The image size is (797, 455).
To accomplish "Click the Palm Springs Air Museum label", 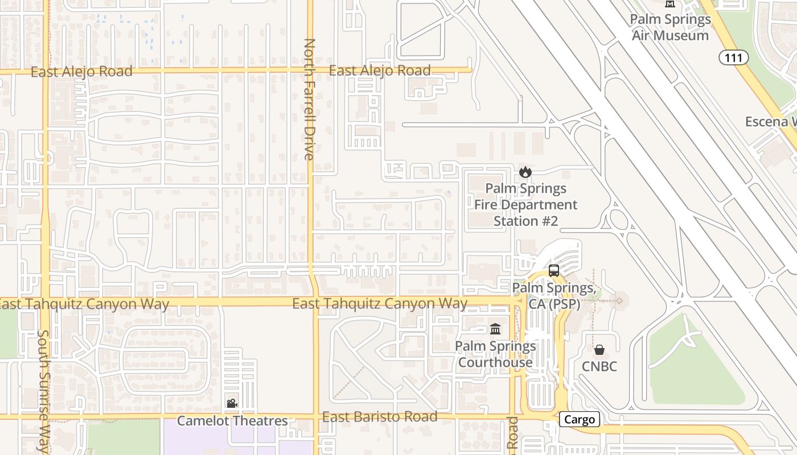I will (x=670, y=27).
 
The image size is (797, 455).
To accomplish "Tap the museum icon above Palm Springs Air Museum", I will (x=670, y=3).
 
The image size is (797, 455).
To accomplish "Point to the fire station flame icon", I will (x=525, y=171).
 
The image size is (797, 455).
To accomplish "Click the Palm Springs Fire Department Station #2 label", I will (x=525, y=205).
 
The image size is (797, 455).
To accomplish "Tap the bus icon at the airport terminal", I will (x=554, y=271).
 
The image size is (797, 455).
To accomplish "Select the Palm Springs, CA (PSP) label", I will (x=554, y=296).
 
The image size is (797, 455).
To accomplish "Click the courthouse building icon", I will (x=495, y=329).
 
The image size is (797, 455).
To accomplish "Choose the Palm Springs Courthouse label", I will (x=495, y=354).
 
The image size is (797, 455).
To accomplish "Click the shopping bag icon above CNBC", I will (x=599, y=350).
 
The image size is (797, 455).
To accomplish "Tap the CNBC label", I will (x=599, y=366).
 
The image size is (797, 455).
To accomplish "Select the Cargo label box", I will (x=580, y=420).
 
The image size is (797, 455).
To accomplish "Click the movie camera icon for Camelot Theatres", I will (x=232, y=403).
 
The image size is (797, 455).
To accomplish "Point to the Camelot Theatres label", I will (x=232, y=421).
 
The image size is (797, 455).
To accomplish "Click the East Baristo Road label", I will (x=380, y=417).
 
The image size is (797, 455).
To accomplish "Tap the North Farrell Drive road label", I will (x=310, y=100).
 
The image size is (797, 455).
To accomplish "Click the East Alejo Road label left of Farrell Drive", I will (x=81, y=72).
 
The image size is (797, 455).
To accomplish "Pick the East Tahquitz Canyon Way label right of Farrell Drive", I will (x=380, y=304).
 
